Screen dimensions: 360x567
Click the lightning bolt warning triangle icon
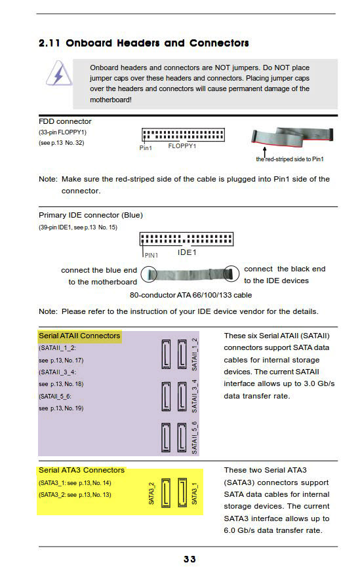(x=58, y=74)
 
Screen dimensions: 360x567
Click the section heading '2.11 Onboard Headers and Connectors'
(x=144, y=43)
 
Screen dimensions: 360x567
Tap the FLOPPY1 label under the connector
(x=182, y=146)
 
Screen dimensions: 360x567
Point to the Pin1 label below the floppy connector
(x=146, y=147)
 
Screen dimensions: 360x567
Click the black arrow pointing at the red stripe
(x=265, y=152)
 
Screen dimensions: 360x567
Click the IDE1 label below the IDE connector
(x=187, y=252)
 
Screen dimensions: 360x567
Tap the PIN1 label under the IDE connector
(x=151, y=255)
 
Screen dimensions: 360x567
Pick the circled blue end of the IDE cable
(x=149, y=274)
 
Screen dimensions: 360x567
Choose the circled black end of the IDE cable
(x=231, y=273)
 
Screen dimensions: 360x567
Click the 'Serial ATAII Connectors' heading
(x=79, y=336)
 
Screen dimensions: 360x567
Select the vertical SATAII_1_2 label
(x=195, y=354)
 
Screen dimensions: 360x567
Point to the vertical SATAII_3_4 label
(x=195, y=396)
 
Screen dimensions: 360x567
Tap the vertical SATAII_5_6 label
(x=195, y=438)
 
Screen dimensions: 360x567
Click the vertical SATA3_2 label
(x=151, y=493)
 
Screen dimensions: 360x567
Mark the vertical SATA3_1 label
(x=195, y=493)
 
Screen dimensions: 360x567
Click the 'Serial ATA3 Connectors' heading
(x=81, y=470)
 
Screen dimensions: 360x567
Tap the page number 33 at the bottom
(x=190, y=559)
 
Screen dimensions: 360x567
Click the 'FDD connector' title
(x=65, y=121)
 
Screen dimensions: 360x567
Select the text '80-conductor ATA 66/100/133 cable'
(x=191, y=295)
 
